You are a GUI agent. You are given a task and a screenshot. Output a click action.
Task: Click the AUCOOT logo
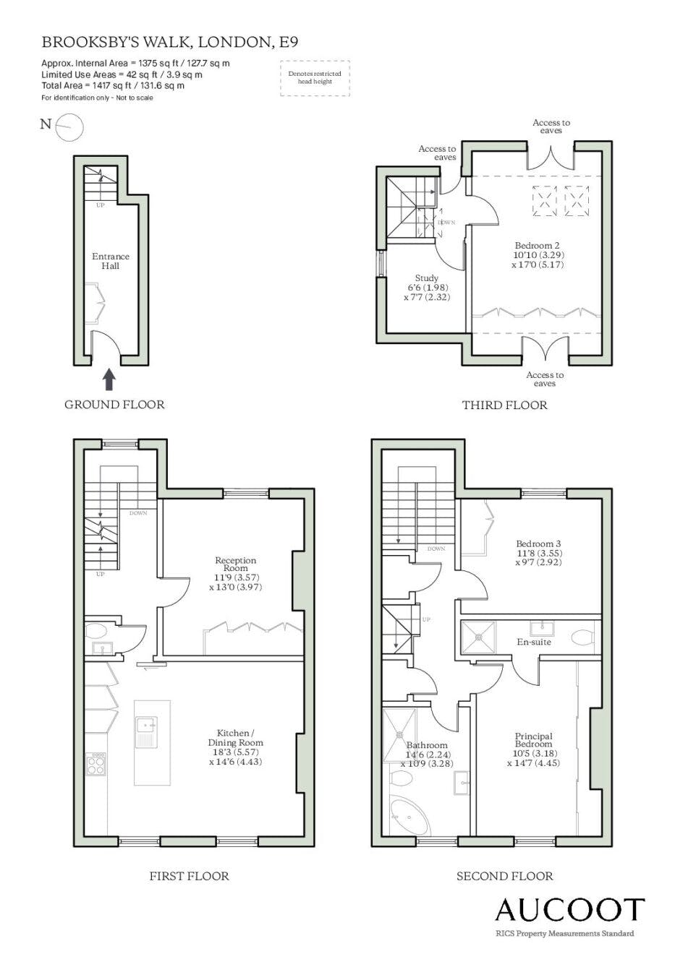[569, 909]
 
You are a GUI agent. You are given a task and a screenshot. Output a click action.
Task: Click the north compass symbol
[69, 127]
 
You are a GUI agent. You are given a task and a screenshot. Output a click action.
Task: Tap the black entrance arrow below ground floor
[110, 379]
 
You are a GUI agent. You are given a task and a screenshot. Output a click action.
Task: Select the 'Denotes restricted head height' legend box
[315, 78]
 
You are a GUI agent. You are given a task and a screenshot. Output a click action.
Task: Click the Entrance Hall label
[111, 261]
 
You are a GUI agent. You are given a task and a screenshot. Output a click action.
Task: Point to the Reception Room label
[235, 564]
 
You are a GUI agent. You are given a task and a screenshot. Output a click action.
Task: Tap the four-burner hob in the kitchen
[96, 765]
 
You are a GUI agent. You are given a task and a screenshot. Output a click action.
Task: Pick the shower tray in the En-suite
[479, 637]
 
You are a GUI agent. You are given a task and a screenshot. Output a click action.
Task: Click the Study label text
[427, 278]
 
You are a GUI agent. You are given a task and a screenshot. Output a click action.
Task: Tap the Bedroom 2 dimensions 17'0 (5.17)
[538, 265]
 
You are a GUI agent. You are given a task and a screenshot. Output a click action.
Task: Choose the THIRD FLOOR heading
[505, 405]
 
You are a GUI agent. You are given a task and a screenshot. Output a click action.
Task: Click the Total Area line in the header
[113, 85]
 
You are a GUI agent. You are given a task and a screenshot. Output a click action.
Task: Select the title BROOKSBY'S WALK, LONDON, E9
[170, 42]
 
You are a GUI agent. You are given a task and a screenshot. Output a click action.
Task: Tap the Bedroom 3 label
[538, 544]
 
